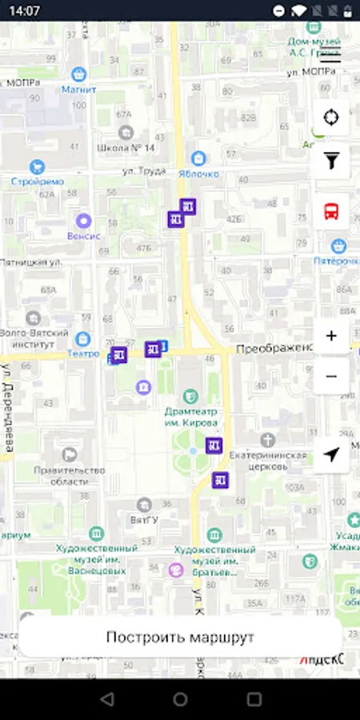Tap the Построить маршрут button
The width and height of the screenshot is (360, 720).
click(x=180, y=637)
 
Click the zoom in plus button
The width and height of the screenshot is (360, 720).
click(x=331, y=336)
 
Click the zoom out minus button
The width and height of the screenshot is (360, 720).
click(x=331, y=376)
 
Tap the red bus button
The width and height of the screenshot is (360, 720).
click(x=331, y=211)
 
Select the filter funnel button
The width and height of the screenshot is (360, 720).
click(x=331, y=162)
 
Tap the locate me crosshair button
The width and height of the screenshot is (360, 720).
click(x=331, y=118)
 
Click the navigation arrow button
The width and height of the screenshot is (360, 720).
click(x=331, y=454)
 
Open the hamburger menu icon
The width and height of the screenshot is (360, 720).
click(x=330, y=54)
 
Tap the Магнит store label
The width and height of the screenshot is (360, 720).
click(x=78, y=89)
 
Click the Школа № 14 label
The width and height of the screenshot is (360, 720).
click(x=126, y=148)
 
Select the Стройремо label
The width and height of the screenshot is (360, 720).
click(x=37, y=181)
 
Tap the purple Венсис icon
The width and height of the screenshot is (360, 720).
click(x=83, y=221)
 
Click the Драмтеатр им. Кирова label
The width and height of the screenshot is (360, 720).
click(x=191, y=416)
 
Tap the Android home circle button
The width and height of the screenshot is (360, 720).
click(x=180, y=700)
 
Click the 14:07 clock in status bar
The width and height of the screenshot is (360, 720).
click(x=25, y=10)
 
